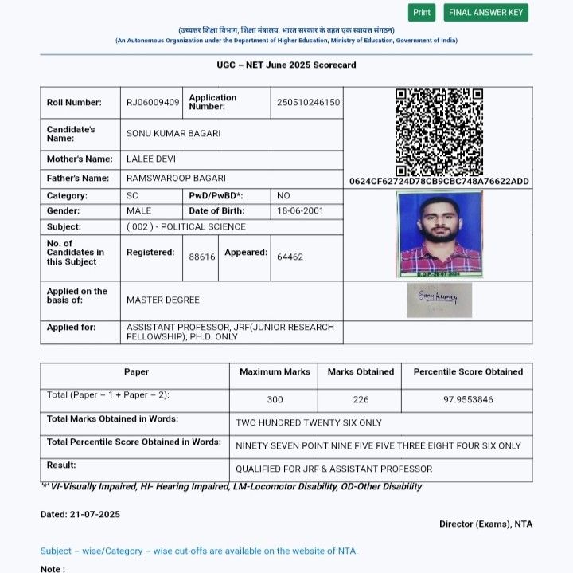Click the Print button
pyautogui.click(x=422, y=13)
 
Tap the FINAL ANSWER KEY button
pyautogui.click(x=486, y=13)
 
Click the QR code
pyautogui.click(x=439, y=131)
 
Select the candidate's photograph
pyautogui.click(x=439, y=234)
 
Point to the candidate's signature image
pyautogui.click(x=439, y=300)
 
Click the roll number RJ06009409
pyautogui.click(x=153, y=103)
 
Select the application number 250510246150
pyautogui.click(x=308, y=103)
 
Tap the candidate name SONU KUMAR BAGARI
pyautogui.click(x=173, y=134)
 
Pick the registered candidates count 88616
pyautogui.click(x=202, y=257)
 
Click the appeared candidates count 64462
pyautogui.click(x=290, y=257)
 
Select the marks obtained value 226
pyautogui.click(x=361, y=399)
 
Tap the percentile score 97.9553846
pyautogui.click(x=468, y=399)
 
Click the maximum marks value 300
pyautogui.click(x=275, y=399)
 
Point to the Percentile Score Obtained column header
pyautogui.click(x=468, y=372)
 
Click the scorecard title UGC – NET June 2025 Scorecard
pyautogui.click(x=286, y=65)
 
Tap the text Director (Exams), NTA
pyautogui.click(x=485, y=524)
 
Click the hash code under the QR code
pyautogui.click(x=439, y=182)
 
